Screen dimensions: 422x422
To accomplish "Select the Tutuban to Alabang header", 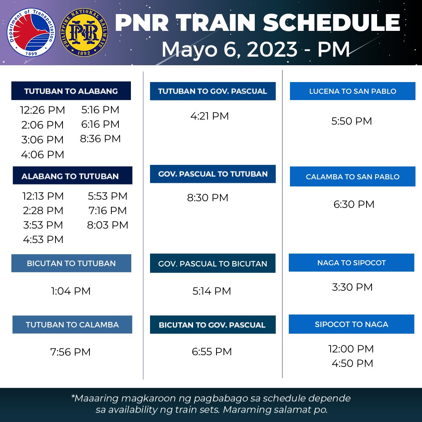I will [x=71, y=91].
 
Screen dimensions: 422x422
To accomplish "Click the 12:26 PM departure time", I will [x=43, y=110].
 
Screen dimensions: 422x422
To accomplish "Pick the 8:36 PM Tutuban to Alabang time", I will [x=100, y=139].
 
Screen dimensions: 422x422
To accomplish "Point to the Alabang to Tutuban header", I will [x=70, y=176].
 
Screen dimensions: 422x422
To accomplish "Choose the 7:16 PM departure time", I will [x=108, y=211].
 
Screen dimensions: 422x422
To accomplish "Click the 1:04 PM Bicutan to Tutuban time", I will [x=71, y=291].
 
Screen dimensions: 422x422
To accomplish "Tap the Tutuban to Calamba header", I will [x=72, y=325].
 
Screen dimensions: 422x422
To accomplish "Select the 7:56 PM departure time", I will [x=70, y=352].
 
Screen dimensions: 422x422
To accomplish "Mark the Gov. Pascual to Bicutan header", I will [x=213, y=264].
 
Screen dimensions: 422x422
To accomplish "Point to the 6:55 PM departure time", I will [x=212, y=352].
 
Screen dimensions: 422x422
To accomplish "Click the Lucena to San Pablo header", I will [x=352, y=91].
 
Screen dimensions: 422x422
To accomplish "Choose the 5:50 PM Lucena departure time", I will [x=352, y=121].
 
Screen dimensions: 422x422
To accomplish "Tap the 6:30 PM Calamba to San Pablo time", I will [x=354, y=204].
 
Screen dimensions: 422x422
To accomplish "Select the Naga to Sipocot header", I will [x=351, y=263].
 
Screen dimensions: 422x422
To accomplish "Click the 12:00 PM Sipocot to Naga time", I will [x=351, y=349].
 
